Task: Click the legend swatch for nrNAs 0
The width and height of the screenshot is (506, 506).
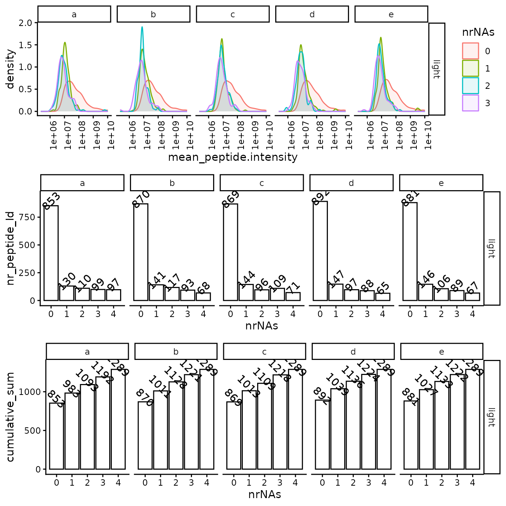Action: point(470,51)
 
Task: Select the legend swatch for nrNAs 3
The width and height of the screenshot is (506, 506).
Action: point(470,103)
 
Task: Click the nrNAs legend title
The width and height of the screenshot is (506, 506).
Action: point(478,32)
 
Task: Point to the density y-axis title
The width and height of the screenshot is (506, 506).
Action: point(10,69)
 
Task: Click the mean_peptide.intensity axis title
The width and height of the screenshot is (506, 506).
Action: point(233,157)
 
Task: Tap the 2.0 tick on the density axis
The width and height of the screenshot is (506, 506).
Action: point(26,23)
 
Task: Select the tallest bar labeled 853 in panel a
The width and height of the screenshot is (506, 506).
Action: point(51,253)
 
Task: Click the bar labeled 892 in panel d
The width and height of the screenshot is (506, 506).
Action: point(320,251)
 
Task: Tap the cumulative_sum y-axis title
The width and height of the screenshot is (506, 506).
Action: point(10,417)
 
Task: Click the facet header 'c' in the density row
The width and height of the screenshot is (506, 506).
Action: point(233,14)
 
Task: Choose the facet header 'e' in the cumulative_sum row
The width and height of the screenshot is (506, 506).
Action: point(442,352)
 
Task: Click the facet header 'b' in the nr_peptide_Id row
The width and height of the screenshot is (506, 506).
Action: point(172,183)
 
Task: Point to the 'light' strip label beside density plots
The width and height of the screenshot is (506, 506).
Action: point(437,69)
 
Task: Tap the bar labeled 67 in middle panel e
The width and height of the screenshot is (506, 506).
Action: point(472,296)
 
